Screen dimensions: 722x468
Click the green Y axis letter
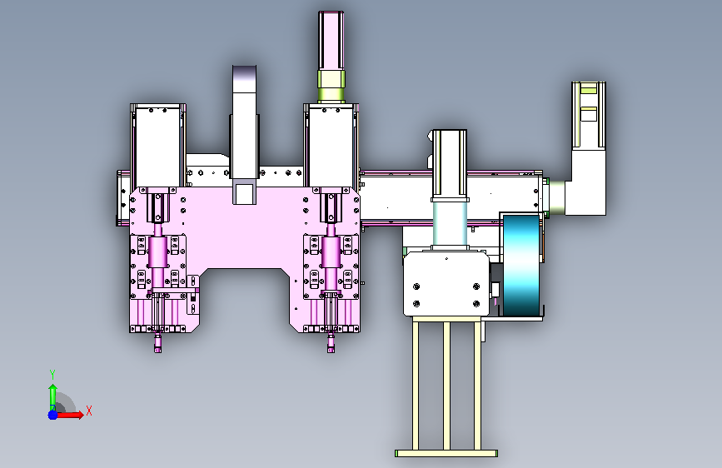tap(52, 375)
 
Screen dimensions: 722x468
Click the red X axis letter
tap(89, 411)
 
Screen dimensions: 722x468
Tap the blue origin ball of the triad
tap(53, 415)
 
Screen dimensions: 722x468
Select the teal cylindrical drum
tap(521, 266)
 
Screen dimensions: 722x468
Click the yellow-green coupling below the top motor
tap(331, 86)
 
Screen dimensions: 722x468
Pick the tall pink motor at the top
tap(331, 41)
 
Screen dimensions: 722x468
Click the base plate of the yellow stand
tap(446, 454)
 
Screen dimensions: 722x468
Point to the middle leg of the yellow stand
tap(446, 386)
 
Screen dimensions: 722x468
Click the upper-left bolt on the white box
tap(416, 286)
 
